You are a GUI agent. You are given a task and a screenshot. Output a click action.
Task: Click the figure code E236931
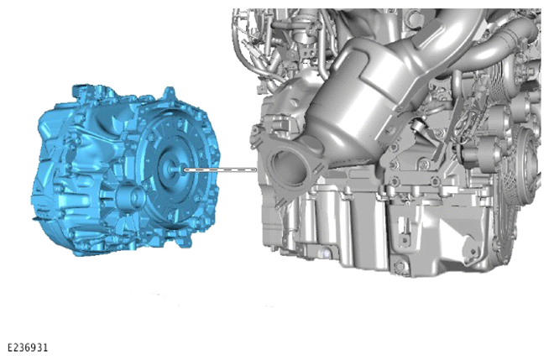tap(28, 347)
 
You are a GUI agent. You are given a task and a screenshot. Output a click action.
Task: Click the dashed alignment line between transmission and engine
tap(220, 170)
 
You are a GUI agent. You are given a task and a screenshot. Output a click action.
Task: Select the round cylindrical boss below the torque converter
tap(131, 198)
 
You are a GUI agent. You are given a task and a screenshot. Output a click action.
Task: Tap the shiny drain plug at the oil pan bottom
tap(325, 253)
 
